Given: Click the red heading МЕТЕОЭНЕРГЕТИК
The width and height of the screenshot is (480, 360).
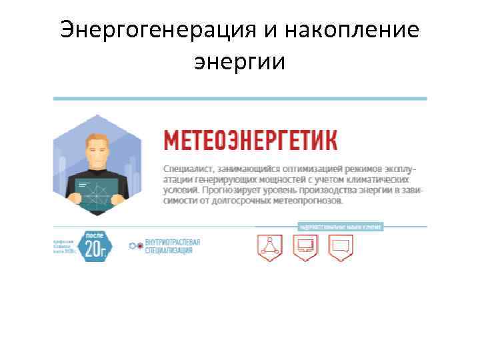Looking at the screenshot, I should click(x=251, y=141).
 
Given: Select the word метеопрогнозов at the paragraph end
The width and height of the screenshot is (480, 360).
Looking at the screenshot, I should click(x=305, y=200).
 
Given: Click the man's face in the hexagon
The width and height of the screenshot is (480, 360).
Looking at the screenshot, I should click(x=97, y=152).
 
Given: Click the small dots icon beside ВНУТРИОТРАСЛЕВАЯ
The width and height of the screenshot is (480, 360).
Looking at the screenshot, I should click(x=135, y=246).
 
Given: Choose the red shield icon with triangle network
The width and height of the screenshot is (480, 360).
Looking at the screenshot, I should click(x=270, y=247).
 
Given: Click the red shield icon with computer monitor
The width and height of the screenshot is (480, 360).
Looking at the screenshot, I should click(x=307, y=247).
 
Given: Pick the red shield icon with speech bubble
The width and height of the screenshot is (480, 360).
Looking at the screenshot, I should click(x=341, y=247).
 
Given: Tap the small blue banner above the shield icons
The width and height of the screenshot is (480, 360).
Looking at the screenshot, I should click(x=339, y=227).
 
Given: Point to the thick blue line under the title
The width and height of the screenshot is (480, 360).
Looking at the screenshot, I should click(x=239, y=99).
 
